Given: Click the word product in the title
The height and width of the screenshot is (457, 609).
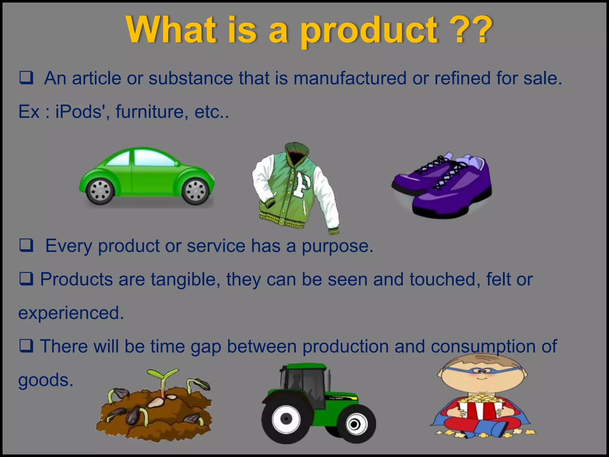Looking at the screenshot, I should [369, 31].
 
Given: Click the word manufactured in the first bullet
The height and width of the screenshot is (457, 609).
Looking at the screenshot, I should [350, 79].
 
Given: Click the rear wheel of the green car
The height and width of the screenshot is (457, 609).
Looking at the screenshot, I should [100, 191].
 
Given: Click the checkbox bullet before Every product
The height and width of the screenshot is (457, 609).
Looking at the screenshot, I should [26, 245].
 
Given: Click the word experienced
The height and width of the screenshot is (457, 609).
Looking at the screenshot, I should [71, 313].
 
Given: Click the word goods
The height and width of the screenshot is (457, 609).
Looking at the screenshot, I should [45, 380].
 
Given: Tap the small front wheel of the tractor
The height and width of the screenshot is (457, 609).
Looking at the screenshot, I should [354, 424].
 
